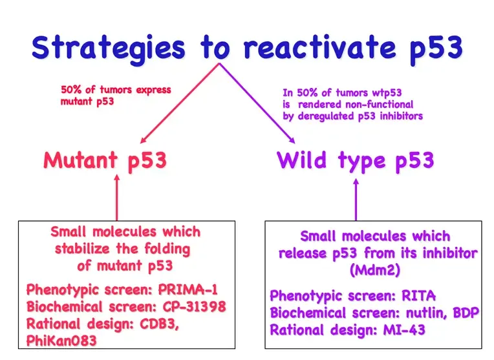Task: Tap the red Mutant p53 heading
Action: point(105,160)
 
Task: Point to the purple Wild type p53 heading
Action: point(355,160)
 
